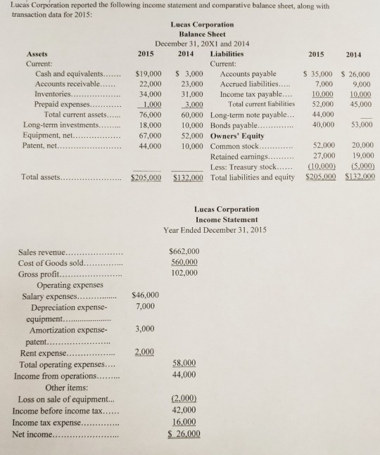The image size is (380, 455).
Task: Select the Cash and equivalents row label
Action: pyautogui.click(x=67, y=73)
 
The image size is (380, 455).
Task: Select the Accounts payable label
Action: pyautogui.click(x=248, y=73)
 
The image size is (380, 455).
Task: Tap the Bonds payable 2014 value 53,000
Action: pyautogui.click(x=359, y=125)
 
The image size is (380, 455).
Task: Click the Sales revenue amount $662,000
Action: pyautogui.click(x=185, y=251)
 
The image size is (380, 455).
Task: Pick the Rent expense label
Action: pyautogui.click(x=44, y=352)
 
